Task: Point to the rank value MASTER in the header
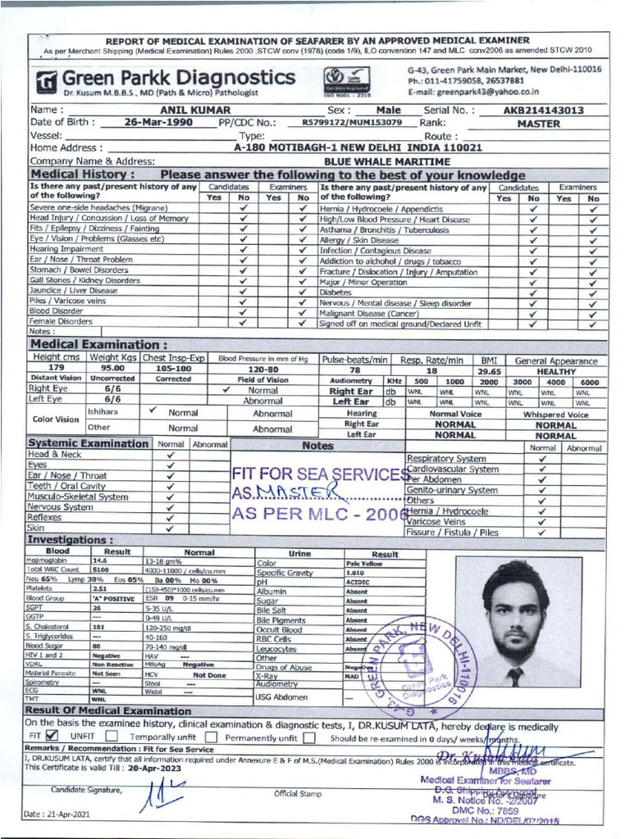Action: point(539,124)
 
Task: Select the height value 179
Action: point(56,370)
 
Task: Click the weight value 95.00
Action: point(112,370)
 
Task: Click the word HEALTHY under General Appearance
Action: point(556,370)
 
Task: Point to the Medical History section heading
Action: point(77,175)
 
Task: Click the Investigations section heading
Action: point(71,541)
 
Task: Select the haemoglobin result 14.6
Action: point(100,560)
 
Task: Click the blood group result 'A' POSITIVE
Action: point(112,599)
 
